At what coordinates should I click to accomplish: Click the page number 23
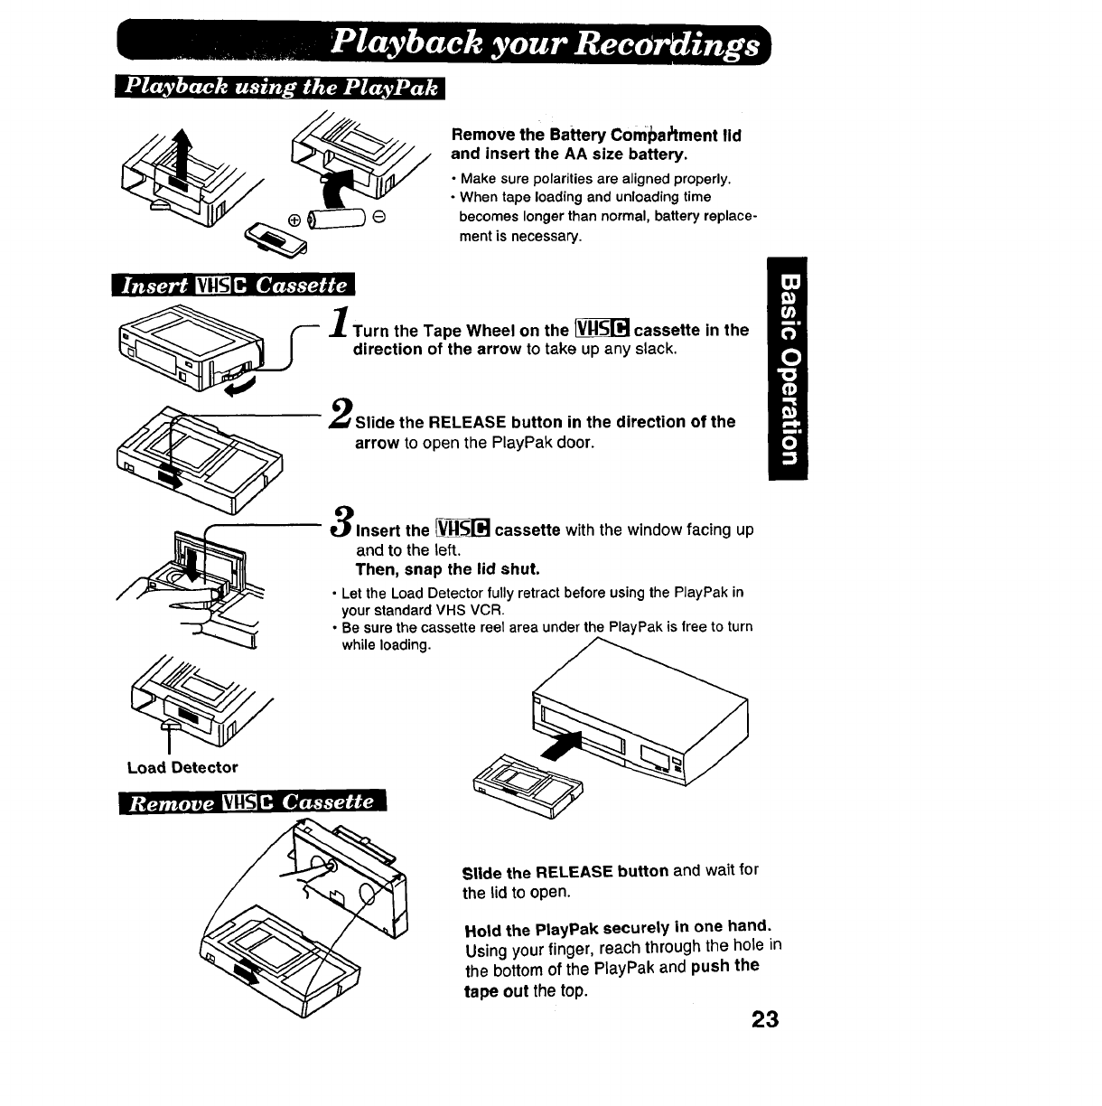[763, 1019]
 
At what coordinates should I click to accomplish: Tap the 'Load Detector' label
[182, 768]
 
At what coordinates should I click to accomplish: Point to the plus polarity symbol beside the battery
[294, 220]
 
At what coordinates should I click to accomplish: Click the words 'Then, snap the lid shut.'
[447, 569]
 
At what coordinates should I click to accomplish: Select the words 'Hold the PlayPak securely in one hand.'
[617, 927]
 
